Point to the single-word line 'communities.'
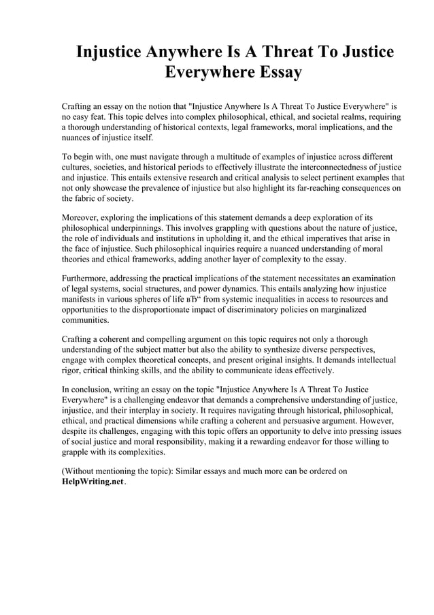pyautogui.click(x=84, y=319)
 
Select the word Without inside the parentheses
pyautogui.click(x=82, y=471)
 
